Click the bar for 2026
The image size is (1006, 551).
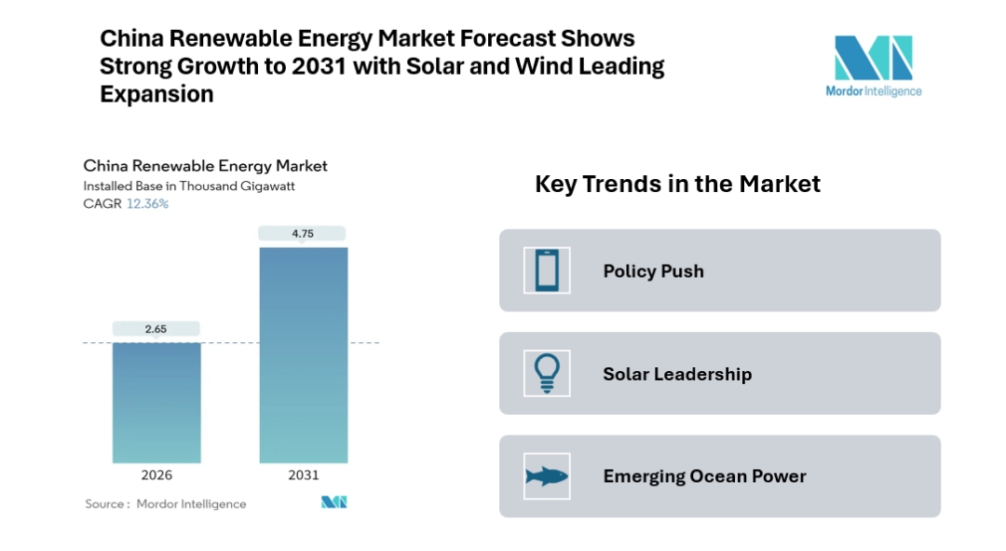click(x=156, y=402)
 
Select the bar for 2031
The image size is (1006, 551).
click(x=303, y=354)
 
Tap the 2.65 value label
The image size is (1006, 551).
click(x=156, y=328)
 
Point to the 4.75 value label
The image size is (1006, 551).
click(x=303, y=234)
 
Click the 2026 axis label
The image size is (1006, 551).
click(x=156, y=475)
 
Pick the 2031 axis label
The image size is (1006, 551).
click(x=303, y=475)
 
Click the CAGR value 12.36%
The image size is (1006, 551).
click(x=147, y=203)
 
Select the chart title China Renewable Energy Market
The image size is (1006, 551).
click(x=205, y=166)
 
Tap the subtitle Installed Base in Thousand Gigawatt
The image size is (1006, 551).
click(x=189, y=186)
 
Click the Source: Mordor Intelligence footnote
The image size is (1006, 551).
click(x=166, y=503)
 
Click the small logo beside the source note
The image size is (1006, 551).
click(x=333, y=503)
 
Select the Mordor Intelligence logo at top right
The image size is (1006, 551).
click(x=873, y=65)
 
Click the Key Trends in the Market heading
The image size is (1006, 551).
click(x=677, y=184)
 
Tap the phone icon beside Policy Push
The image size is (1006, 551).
click(x=547, y=270)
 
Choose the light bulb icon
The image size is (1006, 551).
click(x=547, y=373)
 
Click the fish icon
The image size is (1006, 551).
click(x=547, y=476)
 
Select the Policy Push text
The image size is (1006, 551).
click(x=653, y=271)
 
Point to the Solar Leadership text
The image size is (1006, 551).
click(x=676, y=374)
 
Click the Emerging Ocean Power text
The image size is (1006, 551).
click(x=704, y=476)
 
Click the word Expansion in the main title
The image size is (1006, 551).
click(x=156, y=94)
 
